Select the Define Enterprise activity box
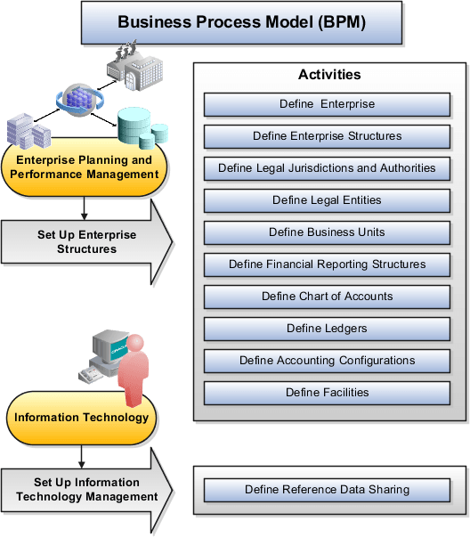(327, 104)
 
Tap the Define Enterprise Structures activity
(327, 136)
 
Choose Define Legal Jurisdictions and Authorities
(327, 168)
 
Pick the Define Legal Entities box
(327, 200)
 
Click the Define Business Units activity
(327, 232)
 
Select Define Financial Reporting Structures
(327, 264)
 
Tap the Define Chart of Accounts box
(327, 297)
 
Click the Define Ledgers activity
(327, 329)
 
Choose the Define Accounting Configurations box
(327, 361)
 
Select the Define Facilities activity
(327, 393)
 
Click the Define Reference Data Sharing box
(327, 490)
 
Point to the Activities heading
(328, 76)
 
